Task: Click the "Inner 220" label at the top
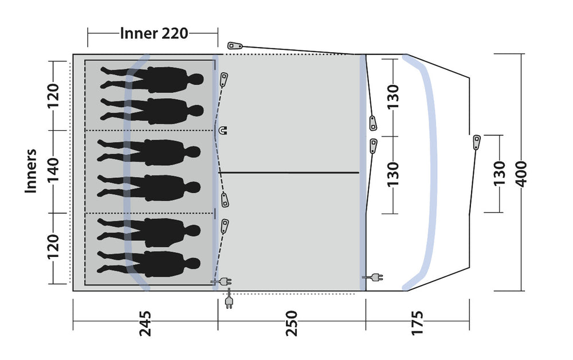(x=154, y=33)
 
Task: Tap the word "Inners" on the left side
(x=31, y=171)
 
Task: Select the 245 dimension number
(x=145, y=323)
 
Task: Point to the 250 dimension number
(x=292, y=323)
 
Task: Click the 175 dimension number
(x=417, y=323)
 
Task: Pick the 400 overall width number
(x=521, y=174)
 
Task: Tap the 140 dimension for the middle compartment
(x=53, y=170)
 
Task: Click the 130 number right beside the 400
(x=499, y=174)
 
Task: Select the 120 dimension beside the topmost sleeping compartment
(x=53, y=96)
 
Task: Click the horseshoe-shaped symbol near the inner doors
(x=222, y=130)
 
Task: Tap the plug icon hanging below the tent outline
(x=229, y=299)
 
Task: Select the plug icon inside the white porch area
(x=373, y=278)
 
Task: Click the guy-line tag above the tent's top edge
(x=235, y=46)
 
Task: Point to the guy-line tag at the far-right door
(x=477, y=142)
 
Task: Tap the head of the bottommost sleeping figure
(x=193, y=263)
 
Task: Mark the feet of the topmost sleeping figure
(x=106, y=77)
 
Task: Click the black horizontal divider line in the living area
(x=289, y=173)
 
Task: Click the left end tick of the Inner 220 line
(x=88, y=37)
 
